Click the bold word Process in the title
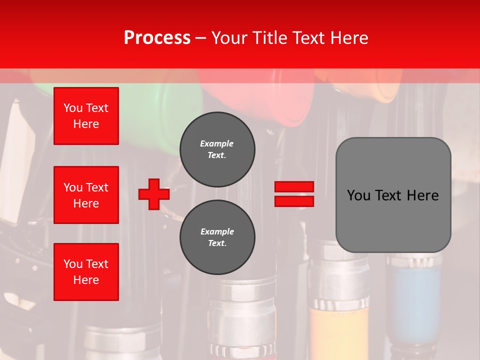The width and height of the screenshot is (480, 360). pyautogui.click(x=157, y=38)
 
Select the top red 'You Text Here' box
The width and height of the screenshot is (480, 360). pyautogui.click(x=86, y=116)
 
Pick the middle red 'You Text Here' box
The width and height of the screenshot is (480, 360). pyautogui.click(x=86, y=195)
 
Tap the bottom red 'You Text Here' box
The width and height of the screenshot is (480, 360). pyautogui.click(x=86, y=271)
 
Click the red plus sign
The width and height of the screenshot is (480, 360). pyautogui.click(x=154, y=194)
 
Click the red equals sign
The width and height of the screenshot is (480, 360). pyautogui.click(x=294, y=194)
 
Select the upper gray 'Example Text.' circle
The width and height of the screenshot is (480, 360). pyautogui.click(x=217, y=149)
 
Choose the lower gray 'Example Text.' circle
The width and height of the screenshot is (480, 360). pyautogui.click(x=217, y=237)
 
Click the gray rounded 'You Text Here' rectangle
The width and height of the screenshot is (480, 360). pyautogui.click(x=393, y=195)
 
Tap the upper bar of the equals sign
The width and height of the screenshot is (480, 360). pyautogui.click(x=294, y=187)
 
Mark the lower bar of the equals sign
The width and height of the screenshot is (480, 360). pyautogui.click(x=294, y=201)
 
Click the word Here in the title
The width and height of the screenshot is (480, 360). pyautogui.click(x=348, y=38)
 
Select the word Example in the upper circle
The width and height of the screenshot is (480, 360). pyautogui.click(x=217, y=143)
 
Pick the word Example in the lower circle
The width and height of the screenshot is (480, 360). pyautogui.click(x=217, y=231)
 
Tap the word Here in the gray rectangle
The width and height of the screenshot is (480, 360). pyautogui.click(x=422, y=195)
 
